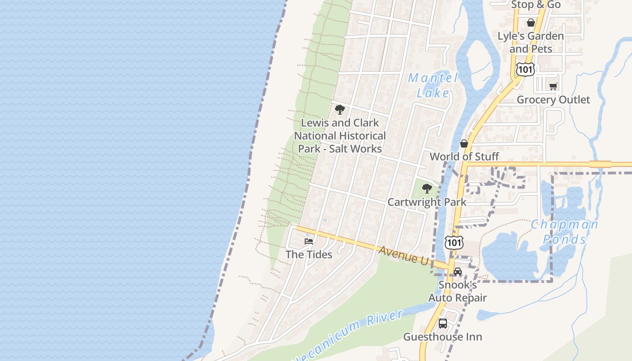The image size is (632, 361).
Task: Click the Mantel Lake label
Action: coord(432,85)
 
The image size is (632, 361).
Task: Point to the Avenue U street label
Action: coord(404,255)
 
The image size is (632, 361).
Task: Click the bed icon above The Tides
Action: coord(309,241)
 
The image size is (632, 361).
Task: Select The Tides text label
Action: coord(309,255)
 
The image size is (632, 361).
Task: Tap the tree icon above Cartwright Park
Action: coord(427,189)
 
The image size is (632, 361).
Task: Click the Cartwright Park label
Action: coord(427,202)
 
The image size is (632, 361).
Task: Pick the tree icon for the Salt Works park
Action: coord(340,110)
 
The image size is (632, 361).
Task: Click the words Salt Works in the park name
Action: coord(356,149)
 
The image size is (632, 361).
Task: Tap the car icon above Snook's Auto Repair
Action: coord(458,272)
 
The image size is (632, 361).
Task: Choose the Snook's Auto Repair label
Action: coord(457,292)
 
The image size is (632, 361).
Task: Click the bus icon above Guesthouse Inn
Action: coord(443,324)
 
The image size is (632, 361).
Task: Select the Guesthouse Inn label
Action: coord(442,337)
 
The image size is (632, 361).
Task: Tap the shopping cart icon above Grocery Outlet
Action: coord(553,86)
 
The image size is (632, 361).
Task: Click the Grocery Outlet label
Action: coord(553,100)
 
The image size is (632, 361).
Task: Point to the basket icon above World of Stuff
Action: coord(464,143)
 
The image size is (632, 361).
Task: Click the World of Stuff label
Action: coord(464,157)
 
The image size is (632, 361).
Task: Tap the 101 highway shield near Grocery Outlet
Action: coord(525,69)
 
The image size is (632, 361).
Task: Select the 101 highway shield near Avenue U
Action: coord(453,242)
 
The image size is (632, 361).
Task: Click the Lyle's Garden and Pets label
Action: coord(530,42)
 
